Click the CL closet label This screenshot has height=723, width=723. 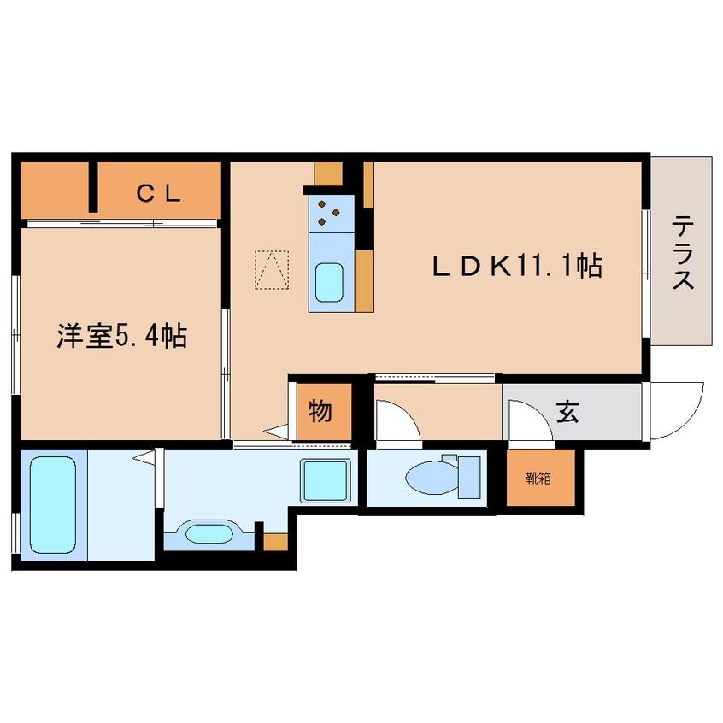159,193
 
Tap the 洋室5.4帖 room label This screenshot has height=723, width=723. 121,336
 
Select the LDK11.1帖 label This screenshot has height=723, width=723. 516,266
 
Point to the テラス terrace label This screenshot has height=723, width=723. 682,253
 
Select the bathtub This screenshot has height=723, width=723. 52,505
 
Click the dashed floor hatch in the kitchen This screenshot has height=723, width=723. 273,269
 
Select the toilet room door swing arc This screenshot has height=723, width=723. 397,421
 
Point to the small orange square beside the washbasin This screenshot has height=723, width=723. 274,541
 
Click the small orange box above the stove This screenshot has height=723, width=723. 328,172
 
